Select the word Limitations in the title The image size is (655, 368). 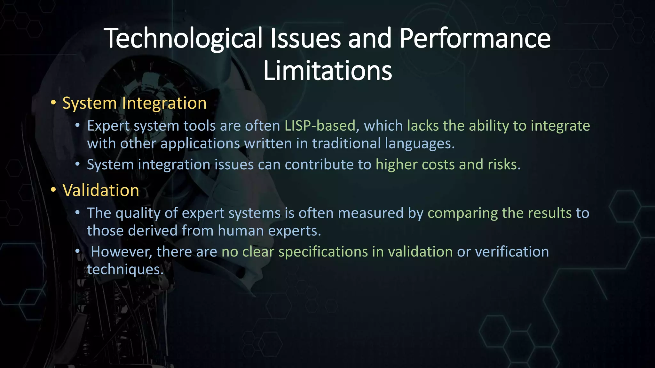[x=327, y=71]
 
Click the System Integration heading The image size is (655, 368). [x=134, y=103]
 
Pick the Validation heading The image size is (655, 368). [x=101, y=190]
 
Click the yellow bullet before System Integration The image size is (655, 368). [x=53, y=103]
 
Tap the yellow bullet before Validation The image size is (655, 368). [x=53, y=190]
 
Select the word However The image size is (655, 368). [x=122, y=252]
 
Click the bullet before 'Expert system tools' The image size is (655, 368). [x=77, y=126]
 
